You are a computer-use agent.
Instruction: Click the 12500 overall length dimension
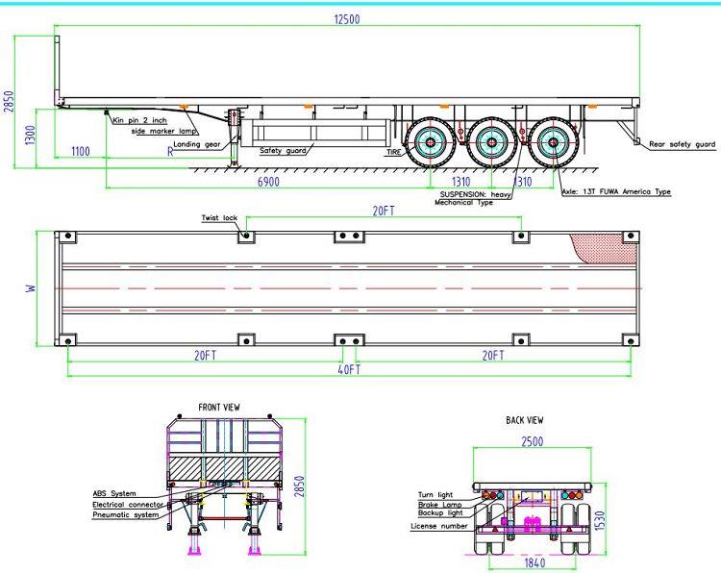click(347, 19)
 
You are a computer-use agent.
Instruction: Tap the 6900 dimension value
click(268, 182)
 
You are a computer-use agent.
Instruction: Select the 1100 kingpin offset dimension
click(81, 151)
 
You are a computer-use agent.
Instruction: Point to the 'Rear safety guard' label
click(682, 144)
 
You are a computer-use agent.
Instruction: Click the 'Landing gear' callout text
click(197, 144)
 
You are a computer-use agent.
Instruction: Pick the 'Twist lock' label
click(219, 218)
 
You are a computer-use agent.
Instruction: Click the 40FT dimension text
click(350, 370)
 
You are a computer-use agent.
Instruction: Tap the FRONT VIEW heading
click(219, 408)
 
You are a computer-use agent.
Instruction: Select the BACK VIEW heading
click(524, 420)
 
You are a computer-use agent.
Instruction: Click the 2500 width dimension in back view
click(532, 441)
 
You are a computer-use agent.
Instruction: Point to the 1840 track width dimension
click(535, 562)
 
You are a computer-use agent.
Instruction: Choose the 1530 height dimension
click(600, 520)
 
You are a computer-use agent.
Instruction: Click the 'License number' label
click(438, 526)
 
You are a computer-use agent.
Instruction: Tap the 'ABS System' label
click(114, 494)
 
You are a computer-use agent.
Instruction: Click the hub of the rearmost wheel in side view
click(552, 142)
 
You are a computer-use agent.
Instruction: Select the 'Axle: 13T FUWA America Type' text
click(616, 191)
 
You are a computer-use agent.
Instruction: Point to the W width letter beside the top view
click(31, 288)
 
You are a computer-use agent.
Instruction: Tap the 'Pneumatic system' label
click(126, 515)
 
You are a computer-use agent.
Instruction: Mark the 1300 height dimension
click(30, 135)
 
